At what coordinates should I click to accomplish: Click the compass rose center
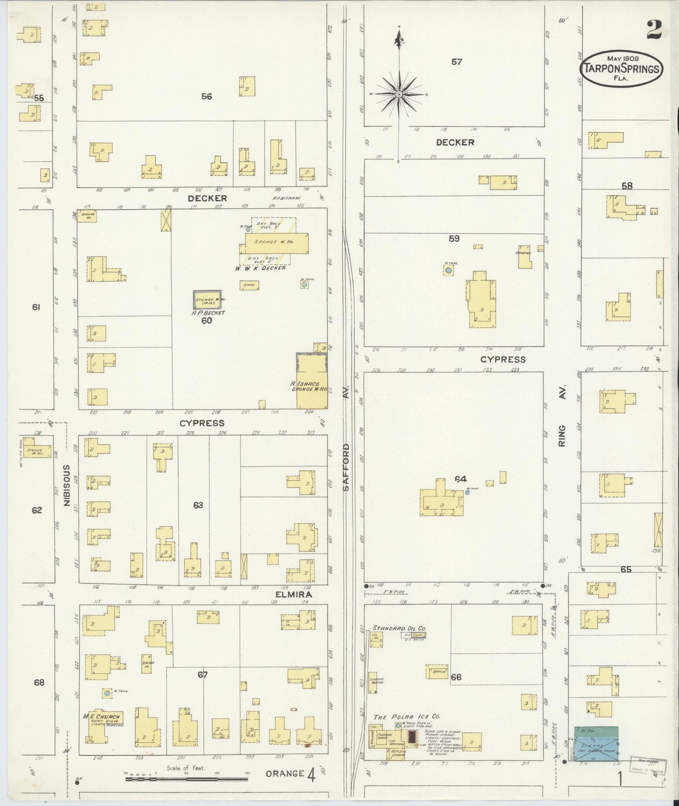pos(399,94)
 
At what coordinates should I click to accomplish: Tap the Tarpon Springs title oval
pos(622,68)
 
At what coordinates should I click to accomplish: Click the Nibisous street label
pos(67,485)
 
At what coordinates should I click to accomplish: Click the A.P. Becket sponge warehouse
pos(207,300)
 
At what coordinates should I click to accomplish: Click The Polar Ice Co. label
pos(406,717)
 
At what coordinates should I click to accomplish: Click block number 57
pos(456,62)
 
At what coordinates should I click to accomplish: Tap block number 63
pos(198,505)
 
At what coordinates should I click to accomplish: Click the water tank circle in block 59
pos(449,270)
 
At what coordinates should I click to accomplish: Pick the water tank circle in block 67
pos(107,693)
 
